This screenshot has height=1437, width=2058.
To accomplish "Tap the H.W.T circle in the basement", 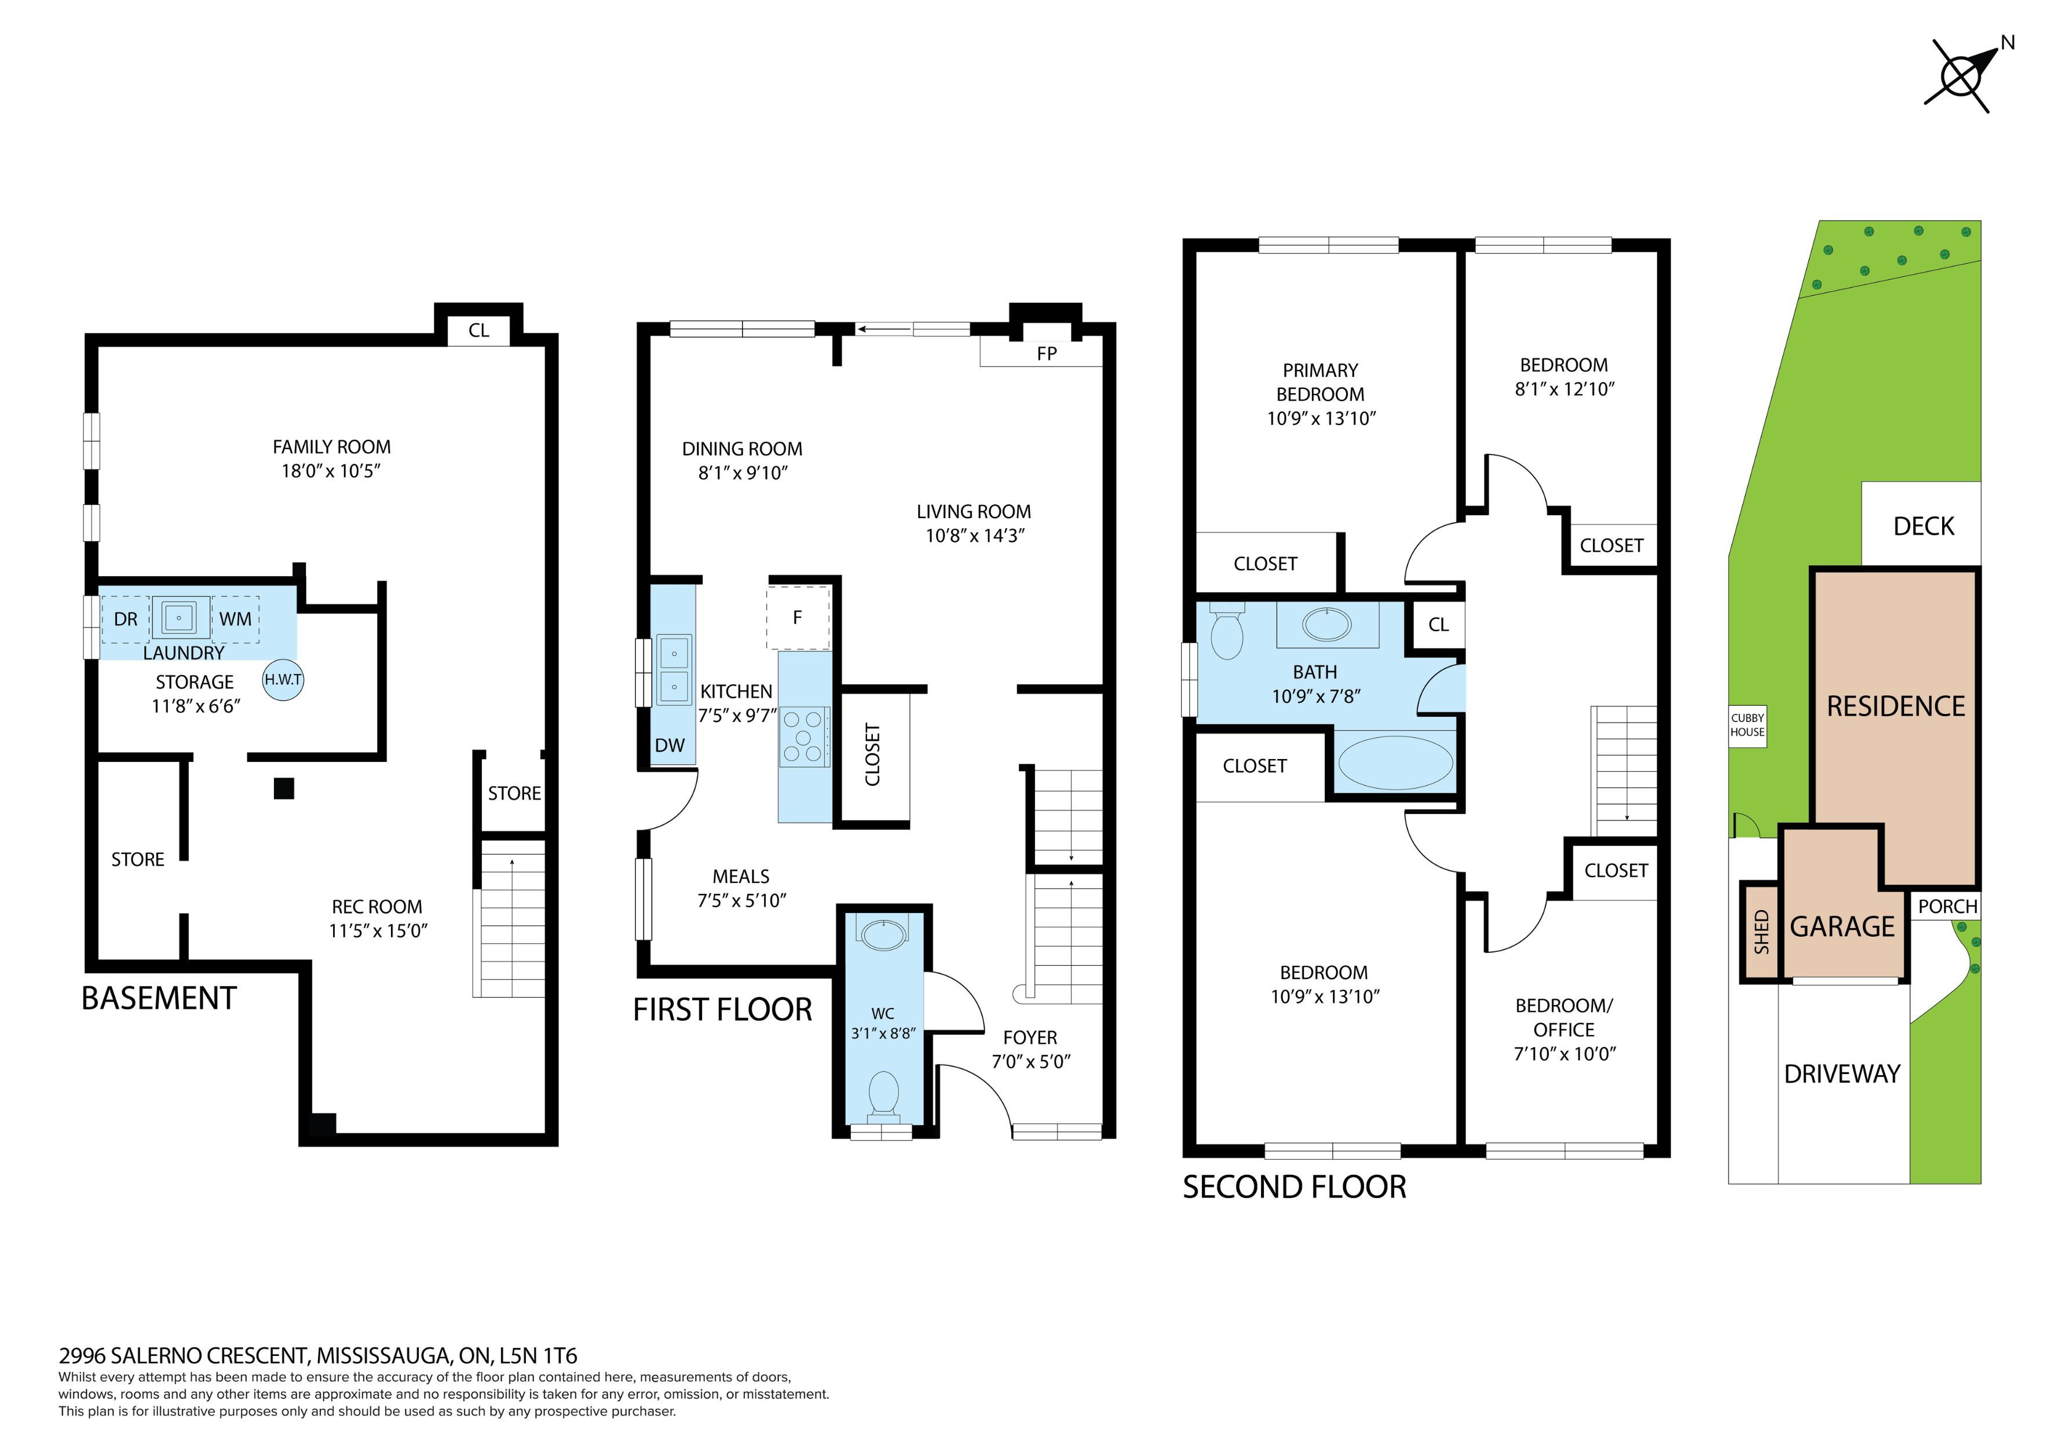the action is point(283,680).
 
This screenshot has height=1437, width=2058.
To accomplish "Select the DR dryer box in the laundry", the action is point(126,619).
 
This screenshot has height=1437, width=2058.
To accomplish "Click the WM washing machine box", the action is point(236,619).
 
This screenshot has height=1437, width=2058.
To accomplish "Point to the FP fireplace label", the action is point(1046,354).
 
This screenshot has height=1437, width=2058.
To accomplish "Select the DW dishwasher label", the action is point(670,745).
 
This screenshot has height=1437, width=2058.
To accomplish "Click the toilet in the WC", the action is point(884,1095).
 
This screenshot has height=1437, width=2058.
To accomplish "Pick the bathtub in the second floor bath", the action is point(1395,761).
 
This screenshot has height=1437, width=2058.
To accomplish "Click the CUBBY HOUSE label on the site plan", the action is point(1747,725).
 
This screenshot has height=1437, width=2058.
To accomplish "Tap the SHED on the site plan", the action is point(1761,932).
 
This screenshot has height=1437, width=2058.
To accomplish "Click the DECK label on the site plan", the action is point(1924,526).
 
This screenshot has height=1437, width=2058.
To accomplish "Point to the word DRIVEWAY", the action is point(1842,1074).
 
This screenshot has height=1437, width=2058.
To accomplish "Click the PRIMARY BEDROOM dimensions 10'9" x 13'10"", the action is point(1321,419).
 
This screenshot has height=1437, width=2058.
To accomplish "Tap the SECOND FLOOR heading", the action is point(1295,1187).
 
